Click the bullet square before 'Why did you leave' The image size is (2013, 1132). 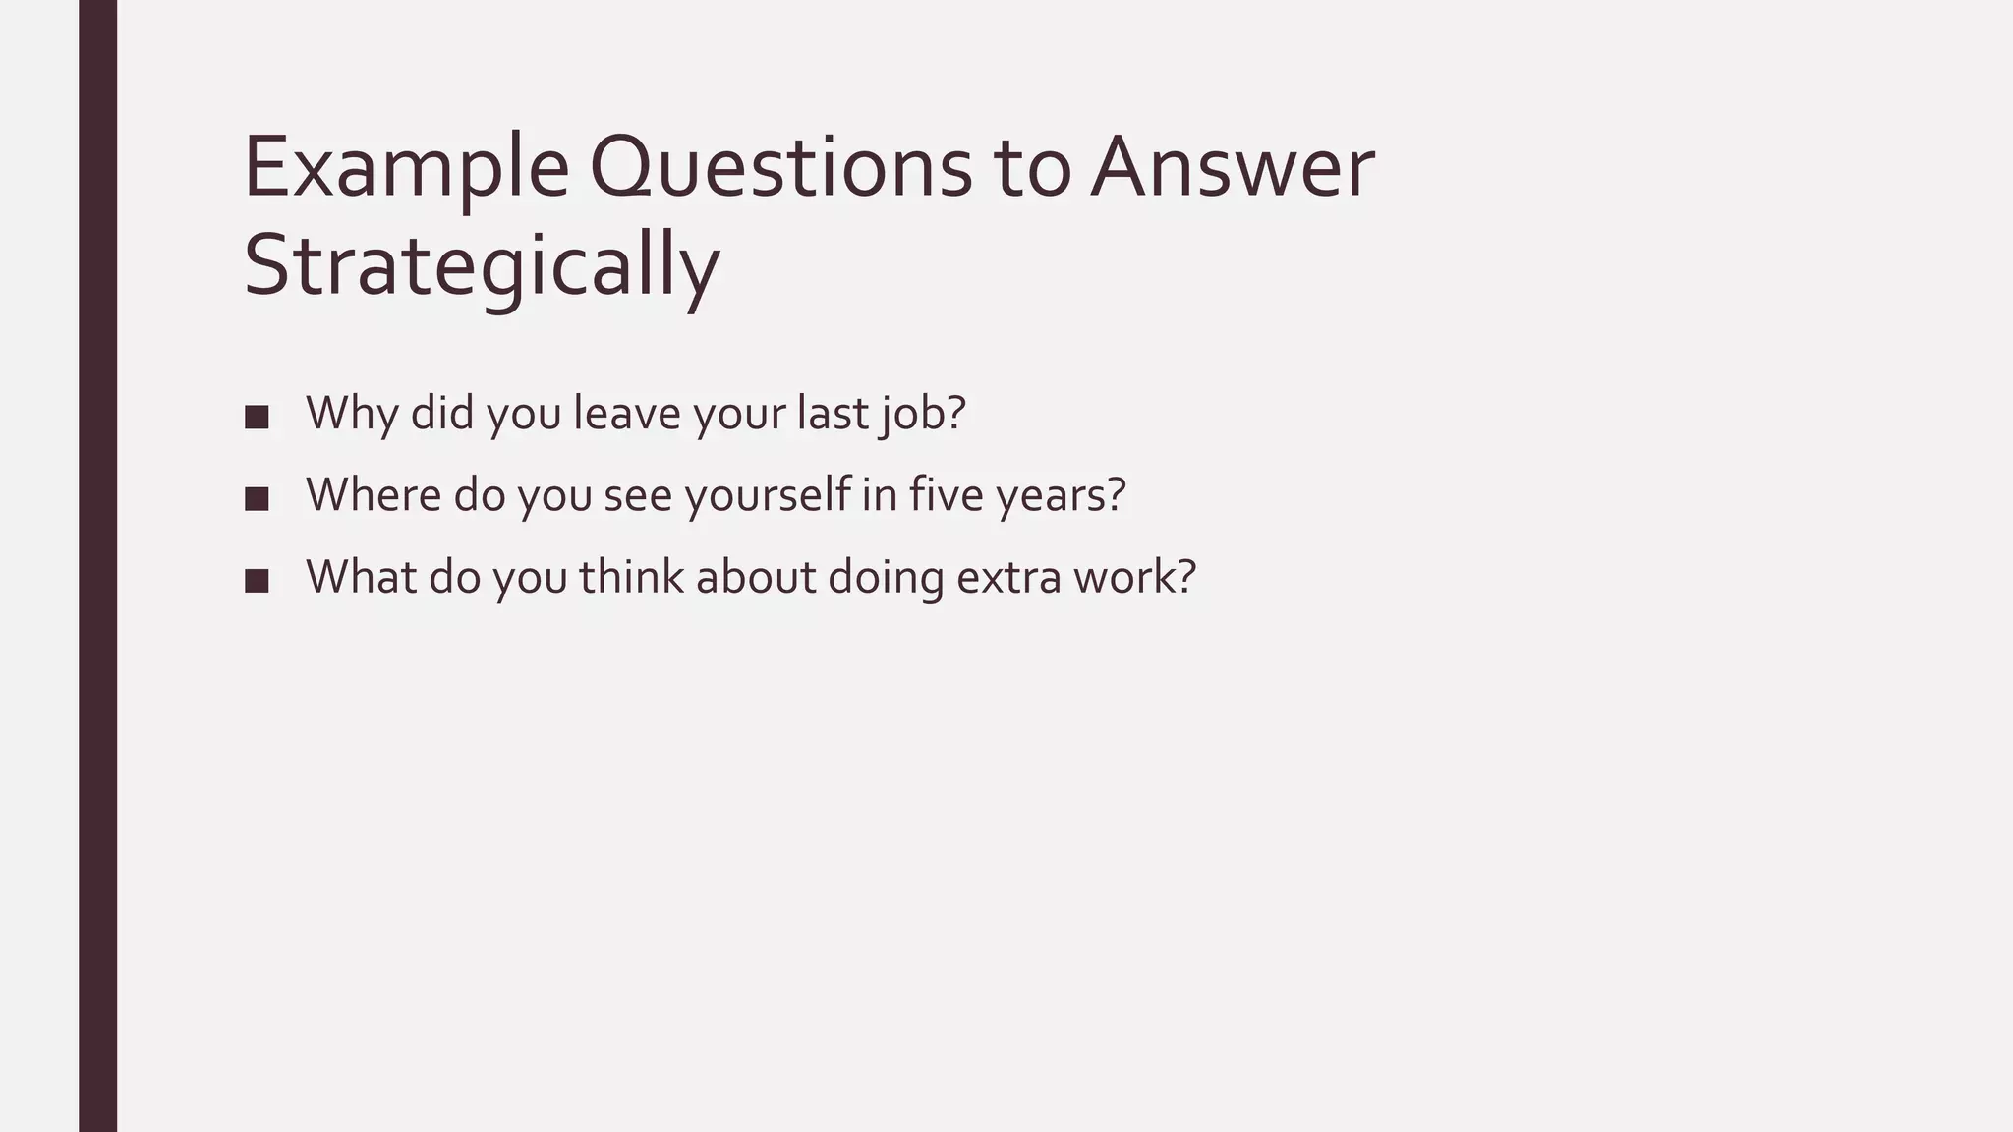click(257, 417)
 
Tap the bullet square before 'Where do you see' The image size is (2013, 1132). click(257, 498)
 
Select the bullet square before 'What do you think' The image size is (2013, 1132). click(257, 581)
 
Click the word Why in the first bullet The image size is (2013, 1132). click(351, 414)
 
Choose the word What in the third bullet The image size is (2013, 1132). click(361, 578)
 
